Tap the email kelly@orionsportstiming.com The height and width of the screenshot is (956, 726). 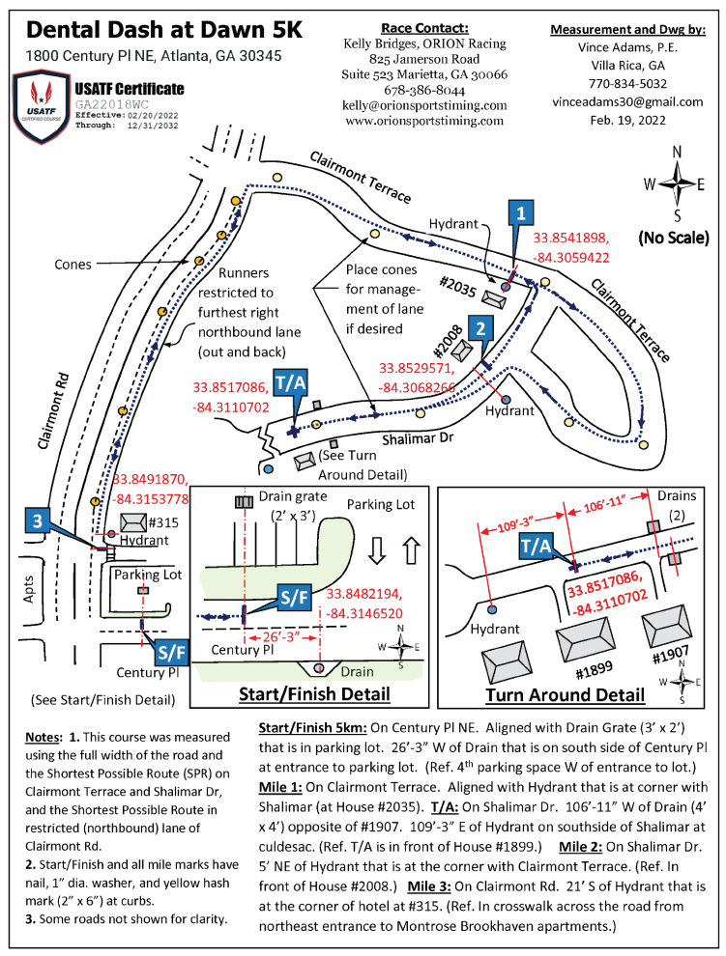click(425, 104)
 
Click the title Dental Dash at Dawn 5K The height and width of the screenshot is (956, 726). click(165, 29)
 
